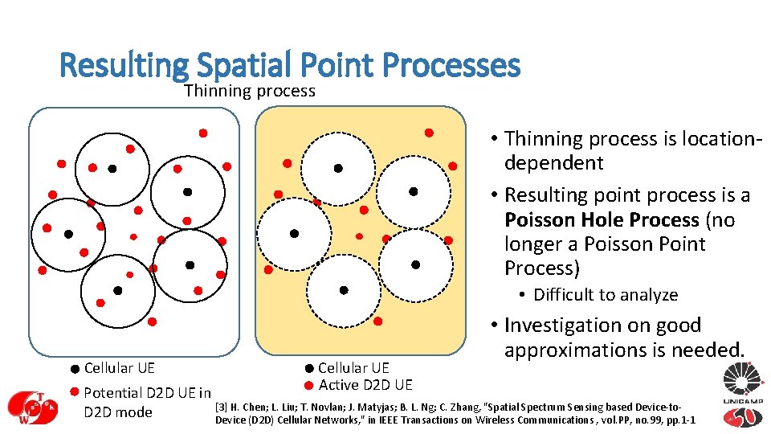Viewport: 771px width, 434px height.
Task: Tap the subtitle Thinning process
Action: click(x=250, y=91)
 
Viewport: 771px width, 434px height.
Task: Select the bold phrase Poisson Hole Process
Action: click(x=602, y=219)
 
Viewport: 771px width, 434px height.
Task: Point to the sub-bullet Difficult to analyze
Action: click(x=606, y=295)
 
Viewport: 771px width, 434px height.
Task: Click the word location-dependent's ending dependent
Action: click(x=553, y=163)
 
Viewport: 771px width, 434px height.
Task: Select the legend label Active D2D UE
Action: click(x=365, y=385)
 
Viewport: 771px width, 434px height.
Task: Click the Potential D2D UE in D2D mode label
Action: click(x=147, y=403)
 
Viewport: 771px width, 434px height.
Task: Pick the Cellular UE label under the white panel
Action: click(x=119, y=368)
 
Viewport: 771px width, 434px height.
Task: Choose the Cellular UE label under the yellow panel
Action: click(x=353, y=368)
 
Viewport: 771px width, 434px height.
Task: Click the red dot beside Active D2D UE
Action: click(x=308, y=384)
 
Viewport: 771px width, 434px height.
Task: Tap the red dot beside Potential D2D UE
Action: click(x=73, y=392)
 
